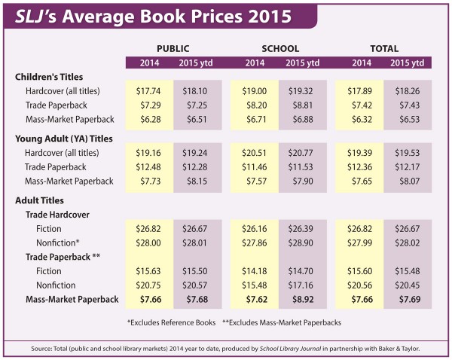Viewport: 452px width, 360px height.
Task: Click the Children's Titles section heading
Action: pos(49,77)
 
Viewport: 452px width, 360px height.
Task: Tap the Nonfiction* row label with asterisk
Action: pos(58,242)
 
